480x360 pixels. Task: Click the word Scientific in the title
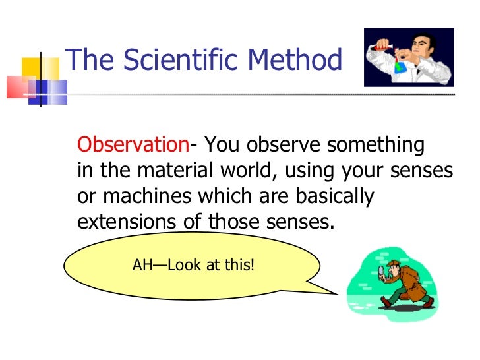(175, 61)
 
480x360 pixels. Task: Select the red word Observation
(133, 145)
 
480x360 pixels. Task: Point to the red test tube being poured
(384, 44)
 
